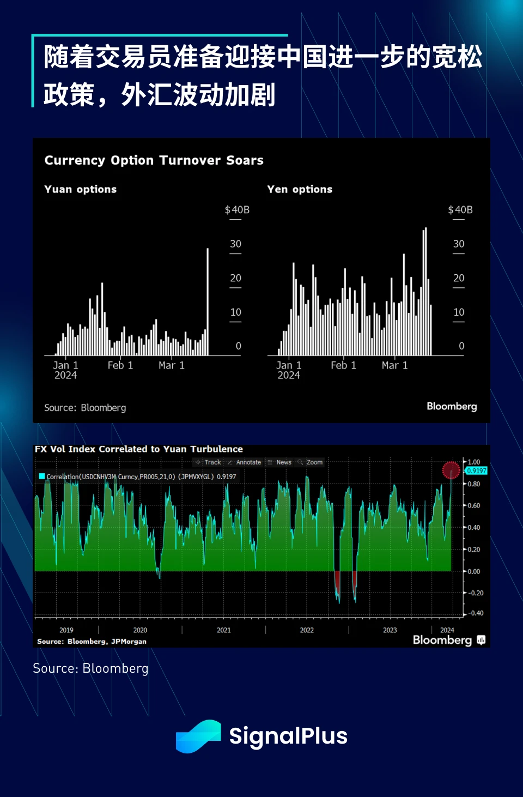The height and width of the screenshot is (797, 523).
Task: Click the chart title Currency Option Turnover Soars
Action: pyautogui.click(x=154, y=160)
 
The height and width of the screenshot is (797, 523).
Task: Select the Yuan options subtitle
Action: pyautogui.click(x=81, y=189)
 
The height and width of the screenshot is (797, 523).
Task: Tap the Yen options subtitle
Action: pyautogui.click(x=300, y=189)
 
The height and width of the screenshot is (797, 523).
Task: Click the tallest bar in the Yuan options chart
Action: pyautogui.click(x=208, y=303)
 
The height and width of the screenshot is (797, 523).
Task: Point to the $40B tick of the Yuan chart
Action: pyautogui.click(x=237, y=210)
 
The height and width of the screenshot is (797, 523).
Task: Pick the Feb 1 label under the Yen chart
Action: pyautogui.click(x=343, y=365)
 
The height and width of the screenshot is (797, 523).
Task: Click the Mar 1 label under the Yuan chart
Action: pyautogui.click(x=172, y=365)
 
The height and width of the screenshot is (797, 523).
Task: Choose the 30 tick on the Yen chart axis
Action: pyautogui.click(x=459, y=244)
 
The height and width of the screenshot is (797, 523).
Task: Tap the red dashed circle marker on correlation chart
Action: pyautogui.click(x=451, y=470)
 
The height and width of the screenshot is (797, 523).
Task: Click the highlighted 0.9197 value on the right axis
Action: pyautogui.click(x=477, y=470)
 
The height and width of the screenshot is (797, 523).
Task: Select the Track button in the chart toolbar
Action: pyautogui.click(x=209, y=462)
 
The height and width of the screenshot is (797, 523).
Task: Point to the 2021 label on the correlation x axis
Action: pyautogui.click(x=224, y=630)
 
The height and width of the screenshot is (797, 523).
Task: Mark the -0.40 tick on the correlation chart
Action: pyautogui.click(x=476, y=613)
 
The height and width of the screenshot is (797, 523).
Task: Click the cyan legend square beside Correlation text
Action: pyautogui.click(x=42, y=476)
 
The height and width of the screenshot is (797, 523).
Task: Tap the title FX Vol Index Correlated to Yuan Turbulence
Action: pyautogui.click(x=139, y=449)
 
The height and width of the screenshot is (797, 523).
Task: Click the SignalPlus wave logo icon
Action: pyautogui.click(x=198, y=736)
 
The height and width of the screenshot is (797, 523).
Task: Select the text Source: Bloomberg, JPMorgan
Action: pyautogui.click(x=92, y=642)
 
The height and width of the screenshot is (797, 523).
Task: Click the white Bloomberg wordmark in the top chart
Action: pyautogui.click(x=452, y=407)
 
